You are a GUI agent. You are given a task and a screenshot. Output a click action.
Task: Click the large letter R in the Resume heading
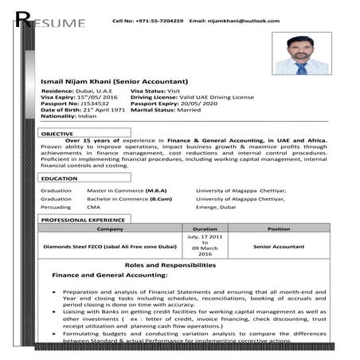coord(22,21)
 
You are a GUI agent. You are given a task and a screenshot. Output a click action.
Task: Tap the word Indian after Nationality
coord(87,116)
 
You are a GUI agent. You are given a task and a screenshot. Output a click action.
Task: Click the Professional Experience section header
coord(84,218)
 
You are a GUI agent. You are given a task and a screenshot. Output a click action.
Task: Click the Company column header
coord(110,229)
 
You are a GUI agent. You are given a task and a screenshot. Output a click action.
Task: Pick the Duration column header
coord(205,229)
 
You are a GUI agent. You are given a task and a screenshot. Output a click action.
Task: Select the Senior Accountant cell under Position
coord(279,247)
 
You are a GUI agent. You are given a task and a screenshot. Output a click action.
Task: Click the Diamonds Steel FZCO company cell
coord(110,247)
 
